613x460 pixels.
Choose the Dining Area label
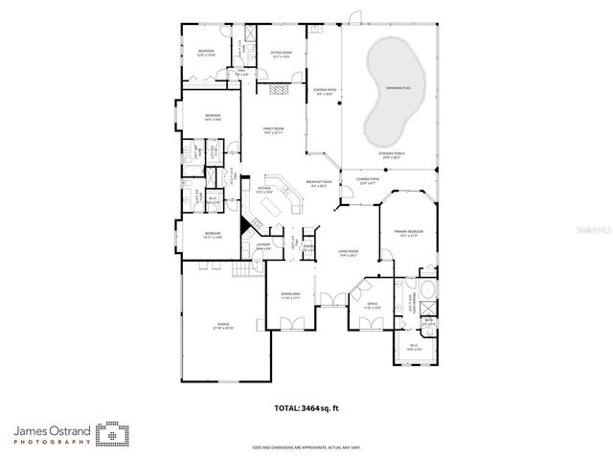(290, 295)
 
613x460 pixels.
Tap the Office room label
(372, 305)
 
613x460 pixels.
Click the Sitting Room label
(281, 54)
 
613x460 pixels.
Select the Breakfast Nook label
(319, 183)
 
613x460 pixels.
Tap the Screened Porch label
(391, 155)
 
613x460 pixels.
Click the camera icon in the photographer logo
(113, 435)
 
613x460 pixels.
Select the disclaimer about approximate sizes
(306, 447)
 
